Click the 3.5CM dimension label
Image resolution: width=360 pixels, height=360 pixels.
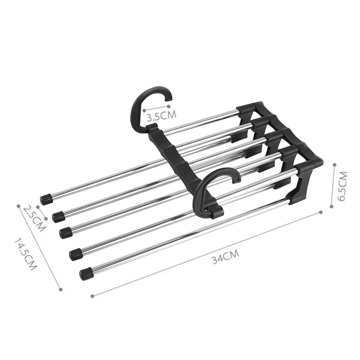[161, 116]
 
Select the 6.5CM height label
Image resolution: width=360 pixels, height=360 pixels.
[342, 186]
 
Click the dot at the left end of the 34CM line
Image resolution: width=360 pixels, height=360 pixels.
[92, 296]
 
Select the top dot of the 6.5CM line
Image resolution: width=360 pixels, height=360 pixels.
[334, 165]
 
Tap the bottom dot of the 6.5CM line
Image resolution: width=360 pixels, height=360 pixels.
[333, 206]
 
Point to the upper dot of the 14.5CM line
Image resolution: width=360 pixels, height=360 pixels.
[18, 206]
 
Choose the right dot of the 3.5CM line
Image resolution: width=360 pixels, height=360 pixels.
[168, 106]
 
